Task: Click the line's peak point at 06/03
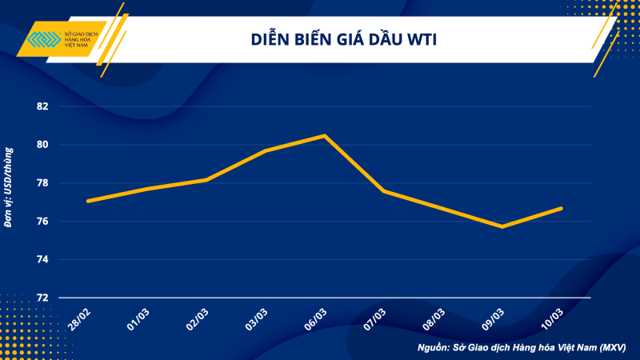coord(324,136)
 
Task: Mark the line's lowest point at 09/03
coord(502,226)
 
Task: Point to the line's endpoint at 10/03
coord(562,208)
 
